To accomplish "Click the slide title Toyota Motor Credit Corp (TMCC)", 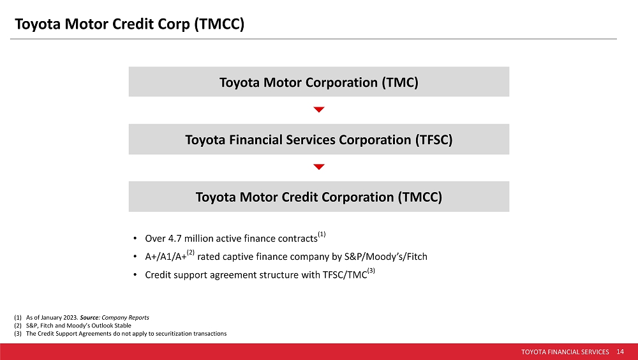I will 130,24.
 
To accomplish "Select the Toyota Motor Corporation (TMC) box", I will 319,82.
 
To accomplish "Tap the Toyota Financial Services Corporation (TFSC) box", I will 319,140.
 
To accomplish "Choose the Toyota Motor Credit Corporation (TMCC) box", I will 319,197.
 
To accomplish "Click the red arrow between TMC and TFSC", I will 319,110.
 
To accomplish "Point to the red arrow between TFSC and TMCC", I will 319,167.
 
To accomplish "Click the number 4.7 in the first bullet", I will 175,239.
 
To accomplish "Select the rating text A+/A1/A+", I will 165,257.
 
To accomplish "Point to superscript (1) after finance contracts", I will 322,235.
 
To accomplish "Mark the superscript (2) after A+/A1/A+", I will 191,253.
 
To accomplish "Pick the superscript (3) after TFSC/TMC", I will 371,271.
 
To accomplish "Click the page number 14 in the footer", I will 620,352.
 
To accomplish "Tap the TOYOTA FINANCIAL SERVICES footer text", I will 565,352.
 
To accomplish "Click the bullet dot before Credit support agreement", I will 136,275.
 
